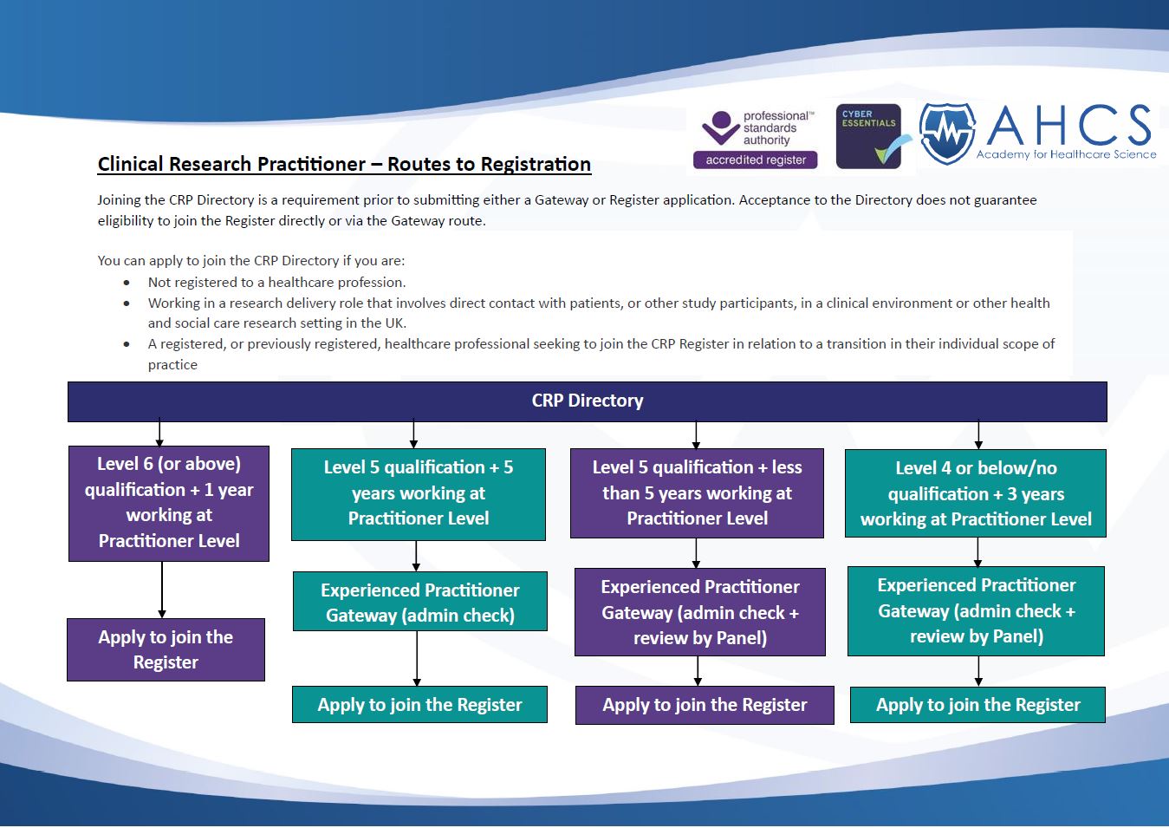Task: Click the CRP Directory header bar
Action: tap(587, 401)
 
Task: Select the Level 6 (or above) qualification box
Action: tap(169, 503)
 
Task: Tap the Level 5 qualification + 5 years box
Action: tap(419, 493)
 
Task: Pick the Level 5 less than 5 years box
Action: tap(697, 493)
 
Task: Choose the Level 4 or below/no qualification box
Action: tap(975, 493)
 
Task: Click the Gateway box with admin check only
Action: tap(419, 602)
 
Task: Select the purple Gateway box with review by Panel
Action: tap(700, 612)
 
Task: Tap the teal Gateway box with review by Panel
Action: tap(976, 611)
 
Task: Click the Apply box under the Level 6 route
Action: tap(166, 649)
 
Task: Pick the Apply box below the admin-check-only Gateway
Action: tap(419, 705)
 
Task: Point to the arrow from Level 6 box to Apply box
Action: tap(162, 590)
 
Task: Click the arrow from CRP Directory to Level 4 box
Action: tap(978, 435)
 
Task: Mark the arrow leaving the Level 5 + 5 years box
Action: tap(417, 556)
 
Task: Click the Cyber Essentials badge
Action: tap(868, 136)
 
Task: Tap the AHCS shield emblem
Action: tap(947, 134)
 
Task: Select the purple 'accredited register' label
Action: tap(756, 160)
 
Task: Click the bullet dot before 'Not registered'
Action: tap(127, 283)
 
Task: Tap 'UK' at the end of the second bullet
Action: tap(395, 323)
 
